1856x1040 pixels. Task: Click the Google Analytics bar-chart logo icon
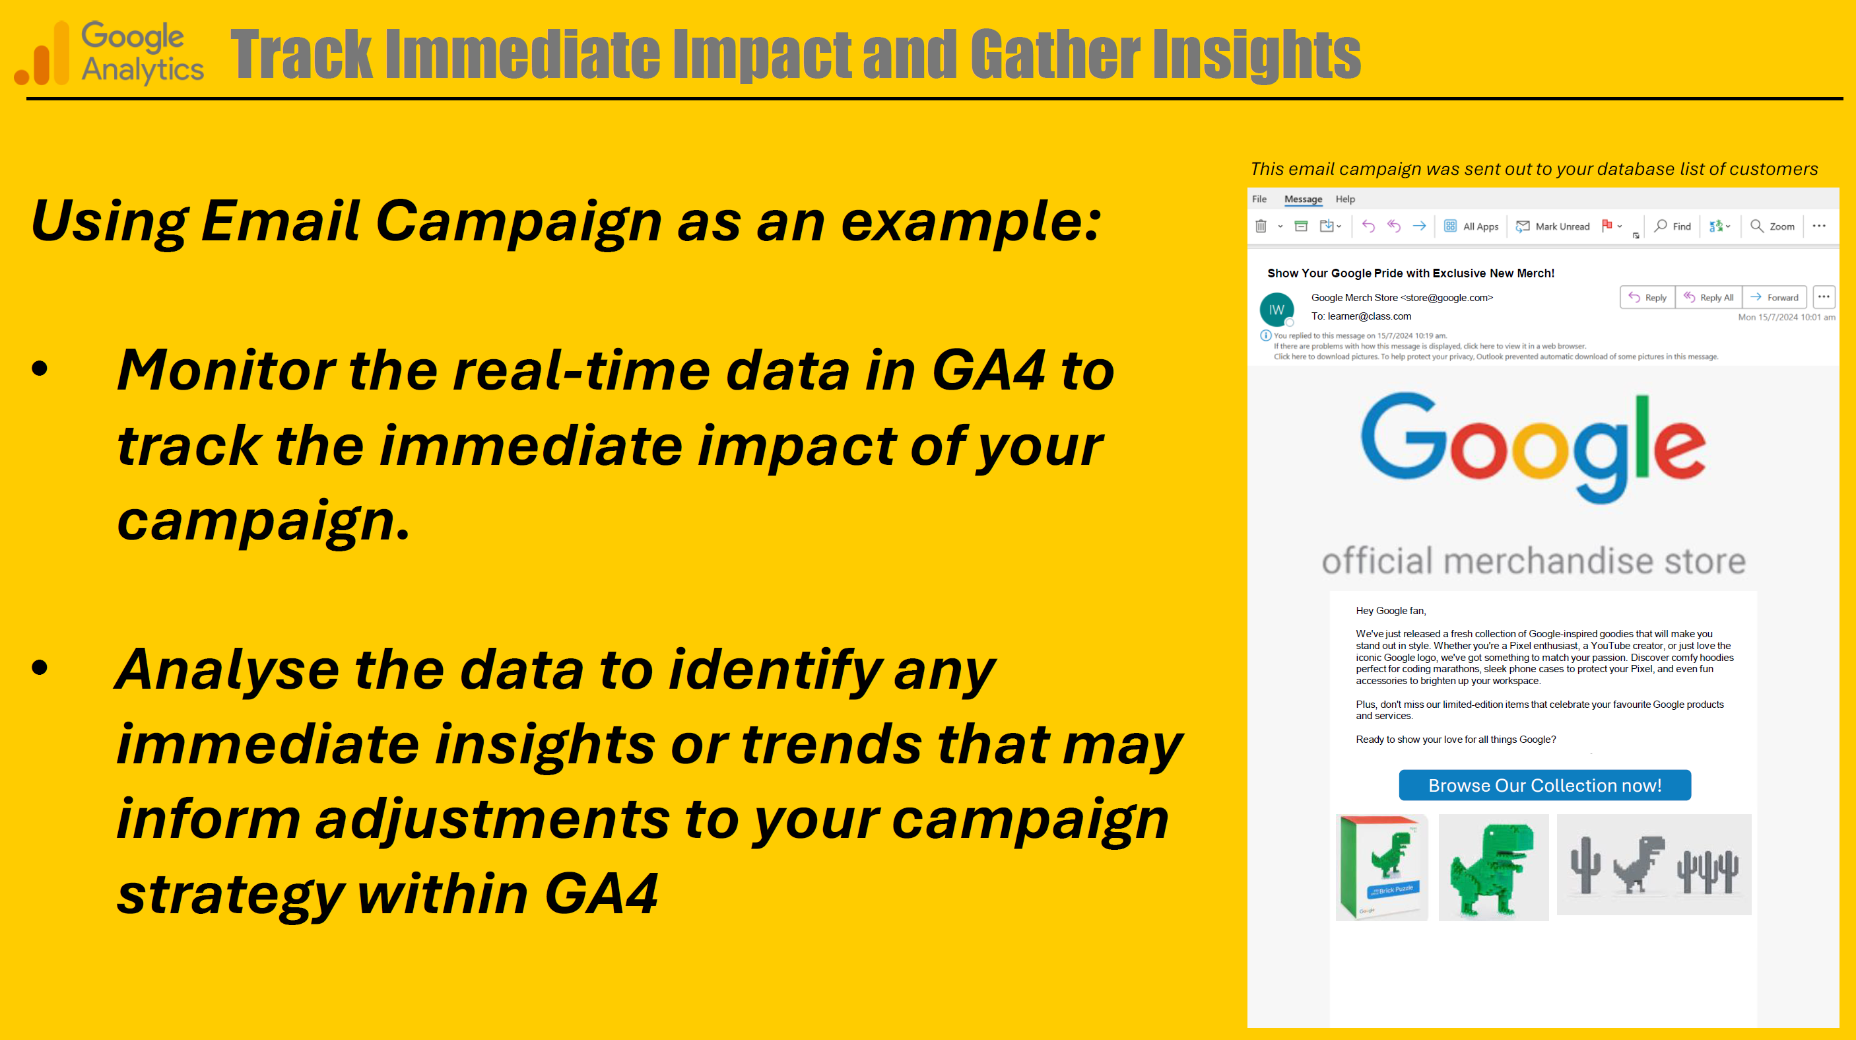coord(42,54)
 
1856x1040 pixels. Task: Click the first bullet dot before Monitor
coord(40,369)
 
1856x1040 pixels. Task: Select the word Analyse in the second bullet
coord(227,670)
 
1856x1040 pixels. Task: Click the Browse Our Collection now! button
coord(1544,785)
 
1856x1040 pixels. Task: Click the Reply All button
coord(1708,297)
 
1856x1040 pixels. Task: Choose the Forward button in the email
coord(1774,297)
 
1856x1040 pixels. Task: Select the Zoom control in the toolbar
coord(1772,226)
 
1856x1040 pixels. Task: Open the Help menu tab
coord(1345,199)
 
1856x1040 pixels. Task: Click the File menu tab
coord(1259,199)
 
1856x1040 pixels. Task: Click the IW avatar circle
coord(1276,310)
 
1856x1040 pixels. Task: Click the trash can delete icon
coord(1261,226)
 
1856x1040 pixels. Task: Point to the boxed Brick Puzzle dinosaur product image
coord(1381,867)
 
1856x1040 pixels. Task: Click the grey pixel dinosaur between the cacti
coord(1638,864)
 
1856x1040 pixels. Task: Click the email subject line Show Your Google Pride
coord(1410,273)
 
